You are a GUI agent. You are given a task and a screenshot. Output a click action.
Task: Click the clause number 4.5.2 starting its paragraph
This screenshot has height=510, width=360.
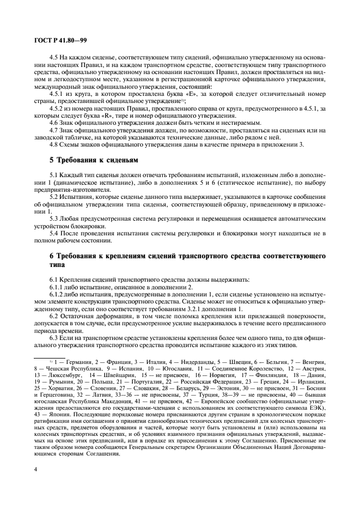(x=57, y=108)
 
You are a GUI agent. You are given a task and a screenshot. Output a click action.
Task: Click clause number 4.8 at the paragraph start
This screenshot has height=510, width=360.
(x=54, y=144)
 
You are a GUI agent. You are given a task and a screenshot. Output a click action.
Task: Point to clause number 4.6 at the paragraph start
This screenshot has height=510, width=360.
(x=54, y=123)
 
